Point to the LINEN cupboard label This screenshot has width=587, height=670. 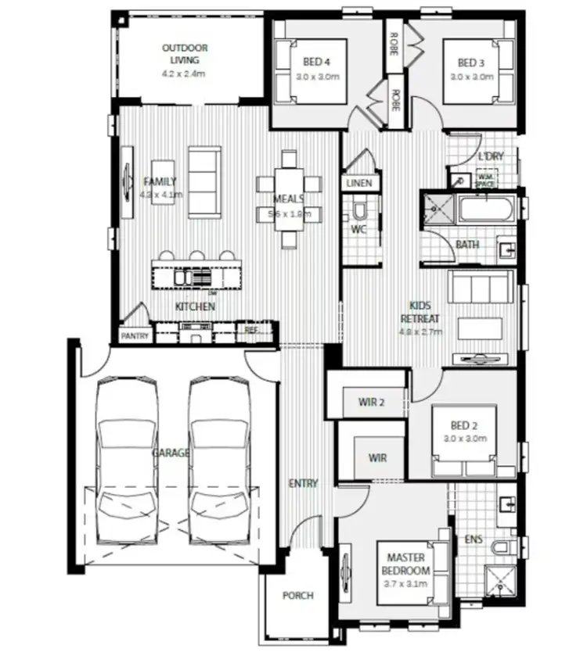pyautogui.click(x=359, y=183)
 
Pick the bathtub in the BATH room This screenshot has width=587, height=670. pyautogui.click(x=486, y=210)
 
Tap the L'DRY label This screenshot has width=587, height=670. pyautogui.click(x=491, y=156)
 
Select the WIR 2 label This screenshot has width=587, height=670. pyautogui.click(x=373, y=403)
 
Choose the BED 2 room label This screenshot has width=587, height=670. pyautogui.click(x=463, y=426)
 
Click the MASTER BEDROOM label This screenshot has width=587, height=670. pyautogui.click(x=405, y=564)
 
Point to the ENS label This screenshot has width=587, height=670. pyautogui.click(x=474, y=539)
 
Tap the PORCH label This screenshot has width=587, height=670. pyautogui.click(x=297, y=596)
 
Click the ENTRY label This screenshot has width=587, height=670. pyautogui.click(x=303, y=483)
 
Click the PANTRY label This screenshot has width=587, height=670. pyautogui.click(x=135, y=336)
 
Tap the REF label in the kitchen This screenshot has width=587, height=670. pyautogui.click(x=252, y=329)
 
